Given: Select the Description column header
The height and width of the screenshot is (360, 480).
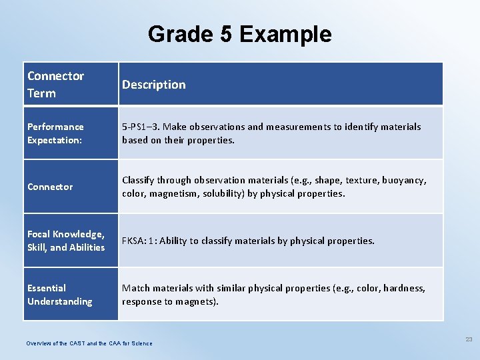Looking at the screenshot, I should (153, 85).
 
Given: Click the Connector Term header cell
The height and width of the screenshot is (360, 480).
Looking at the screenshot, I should (55, 85).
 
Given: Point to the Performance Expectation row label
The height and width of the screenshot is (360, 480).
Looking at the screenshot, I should (55, 133).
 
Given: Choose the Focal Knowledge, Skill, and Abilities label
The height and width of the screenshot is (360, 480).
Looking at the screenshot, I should (65, 241).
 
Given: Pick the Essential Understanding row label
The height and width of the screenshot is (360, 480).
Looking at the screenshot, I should (59, 295).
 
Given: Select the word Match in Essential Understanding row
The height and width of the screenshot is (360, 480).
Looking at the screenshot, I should (136, 288).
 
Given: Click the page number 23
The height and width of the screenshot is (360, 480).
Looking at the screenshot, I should (469, 339).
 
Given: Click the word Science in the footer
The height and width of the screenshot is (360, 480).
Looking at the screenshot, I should (141, 343).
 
